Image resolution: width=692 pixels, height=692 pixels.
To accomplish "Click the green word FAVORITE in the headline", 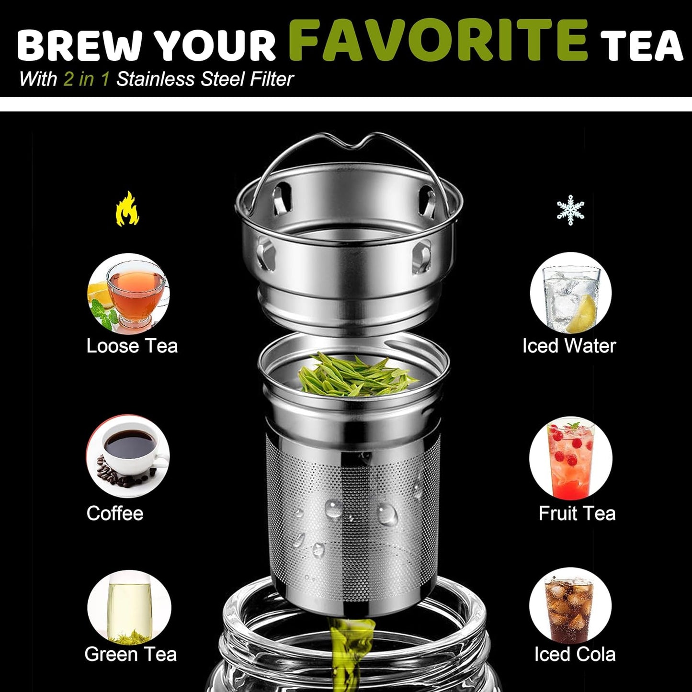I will click(x=438, y=40).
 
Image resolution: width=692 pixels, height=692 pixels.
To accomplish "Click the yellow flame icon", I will click(x=127, y=209).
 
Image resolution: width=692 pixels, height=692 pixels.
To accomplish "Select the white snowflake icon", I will click(x=570, y=210).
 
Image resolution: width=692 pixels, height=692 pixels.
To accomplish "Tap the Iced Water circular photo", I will click(x=570, y=294).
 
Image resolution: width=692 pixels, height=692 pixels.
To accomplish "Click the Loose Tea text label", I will click(x=132, y=346).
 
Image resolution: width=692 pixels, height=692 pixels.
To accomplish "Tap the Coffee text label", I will click(x=115, y=513).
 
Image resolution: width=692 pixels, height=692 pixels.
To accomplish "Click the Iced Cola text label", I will click(x=575, y=654).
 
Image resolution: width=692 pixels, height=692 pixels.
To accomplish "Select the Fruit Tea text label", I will click(x=577, y=513).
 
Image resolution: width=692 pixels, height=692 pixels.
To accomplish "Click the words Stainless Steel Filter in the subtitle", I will click(x=205, y=79).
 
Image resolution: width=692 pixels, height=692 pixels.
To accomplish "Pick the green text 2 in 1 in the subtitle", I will click(x=87, y=79).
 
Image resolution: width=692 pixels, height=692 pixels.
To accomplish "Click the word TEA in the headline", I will click(x=642, y=47).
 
